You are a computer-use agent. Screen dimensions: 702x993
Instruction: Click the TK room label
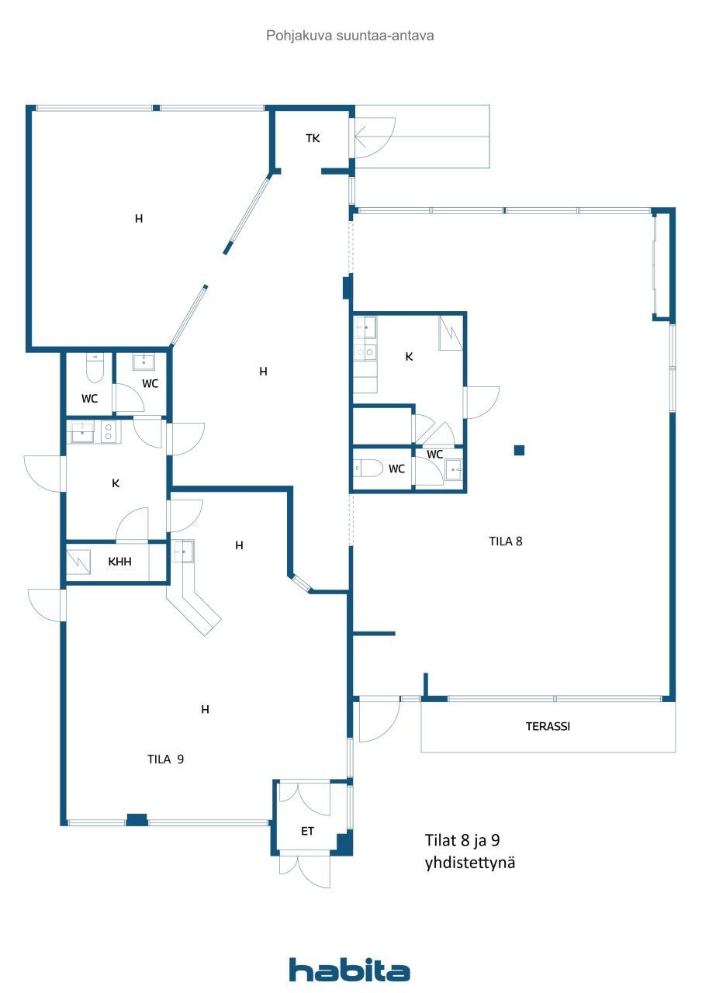click(313, 138)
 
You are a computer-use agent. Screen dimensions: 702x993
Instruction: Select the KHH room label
click(119, 562)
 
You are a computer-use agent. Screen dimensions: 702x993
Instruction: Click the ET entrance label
click(308, 831)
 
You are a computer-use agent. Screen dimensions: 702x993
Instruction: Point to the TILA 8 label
click(506, 541)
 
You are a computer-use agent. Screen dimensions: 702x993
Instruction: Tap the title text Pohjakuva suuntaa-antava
click(350, 36)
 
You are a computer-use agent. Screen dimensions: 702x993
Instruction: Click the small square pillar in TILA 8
click(519, 451)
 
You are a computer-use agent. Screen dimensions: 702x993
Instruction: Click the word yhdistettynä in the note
click(470, 863)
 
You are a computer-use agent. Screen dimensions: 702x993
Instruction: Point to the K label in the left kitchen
click(116, 483)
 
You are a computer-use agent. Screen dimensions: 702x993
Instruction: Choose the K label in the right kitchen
click(409, 356)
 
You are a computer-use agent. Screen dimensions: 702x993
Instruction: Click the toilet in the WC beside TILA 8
click(368, 468)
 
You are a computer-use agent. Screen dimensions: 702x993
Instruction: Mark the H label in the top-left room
click(139, 219)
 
